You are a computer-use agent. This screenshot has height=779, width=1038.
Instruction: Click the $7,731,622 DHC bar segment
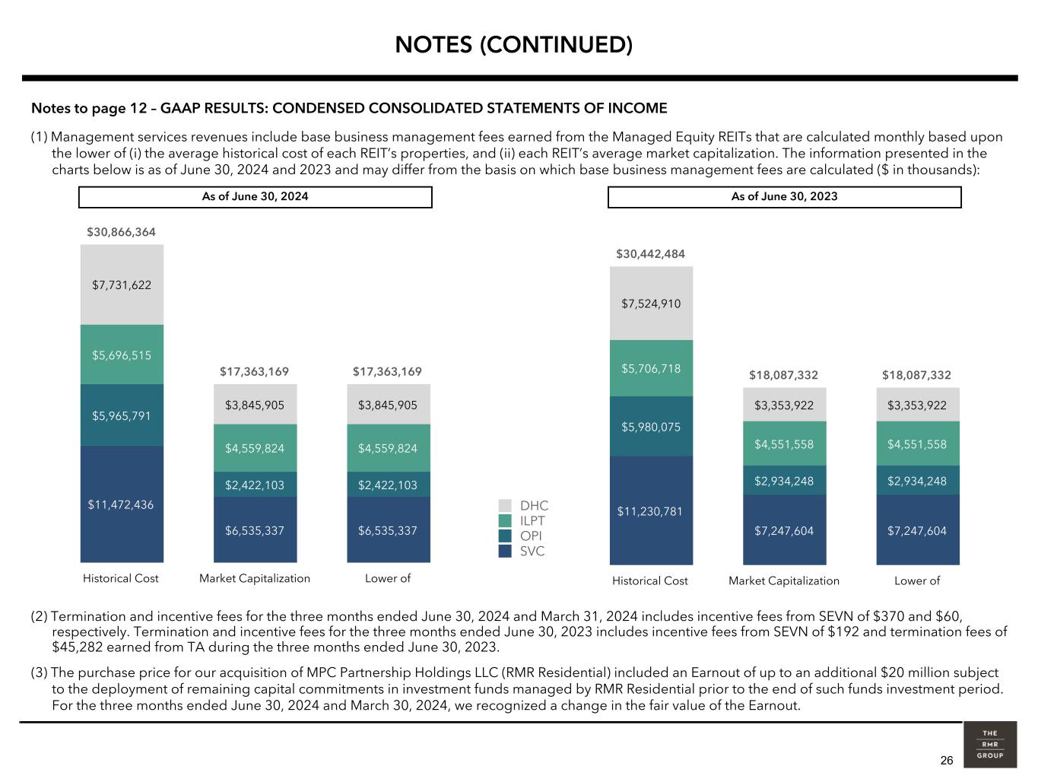click(x=122, y=285)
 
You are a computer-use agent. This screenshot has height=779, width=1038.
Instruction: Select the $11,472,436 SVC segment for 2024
click(x=122, y=504)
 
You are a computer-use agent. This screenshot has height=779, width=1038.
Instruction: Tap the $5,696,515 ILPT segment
click(x=122, y=355)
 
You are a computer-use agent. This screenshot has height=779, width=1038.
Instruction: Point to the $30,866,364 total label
click(x=121, y=232)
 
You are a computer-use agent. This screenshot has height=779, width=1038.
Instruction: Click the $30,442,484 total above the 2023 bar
click(x=651, y=253)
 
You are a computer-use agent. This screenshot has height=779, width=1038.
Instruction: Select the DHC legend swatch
click(x=505, y=506)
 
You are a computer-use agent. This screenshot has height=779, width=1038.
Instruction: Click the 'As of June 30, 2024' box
click(x=256, y=197)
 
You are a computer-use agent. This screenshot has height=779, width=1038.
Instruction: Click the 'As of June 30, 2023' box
click(x=784, y=197)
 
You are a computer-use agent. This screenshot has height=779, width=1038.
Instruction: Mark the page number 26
click(x=946, y=761)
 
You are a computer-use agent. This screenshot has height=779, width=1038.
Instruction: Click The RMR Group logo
click(x=989, y=745)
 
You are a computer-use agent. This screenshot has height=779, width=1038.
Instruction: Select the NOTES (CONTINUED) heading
click(x=513, y=45)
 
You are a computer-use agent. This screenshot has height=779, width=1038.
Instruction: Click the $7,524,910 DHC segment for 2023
click(x=651, y=304)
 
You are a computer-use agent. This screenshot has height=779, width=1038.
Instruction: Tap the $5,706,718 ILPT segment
click(x=651, y=368)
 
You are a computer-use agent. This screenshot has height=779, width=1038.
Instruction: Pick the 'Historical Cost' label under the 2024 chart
click(x=121, y=578)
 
